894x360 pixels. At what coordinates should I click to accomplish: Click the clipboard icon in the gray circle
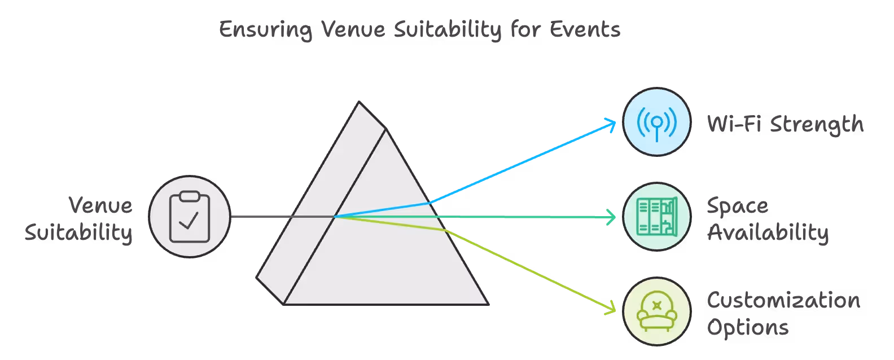(190, 217)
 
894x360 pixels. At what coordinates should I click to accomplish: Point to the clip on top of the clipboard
(190, 196)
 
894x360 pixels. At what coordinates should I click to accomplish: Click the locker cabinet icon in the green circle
(656, 217)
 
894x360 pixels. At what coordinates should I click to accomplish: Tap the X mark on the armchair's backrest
(656, 305)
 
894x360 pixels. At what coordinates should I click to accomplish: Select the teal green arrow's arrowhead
(612, 217)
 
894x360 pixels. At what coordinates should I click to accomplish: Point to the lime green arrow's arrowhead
(612, 309)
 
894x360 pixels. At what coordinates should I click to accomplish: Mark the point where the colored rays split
(335, 216)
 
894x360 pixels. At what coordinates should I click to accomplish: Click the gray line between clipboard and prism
(260, 217)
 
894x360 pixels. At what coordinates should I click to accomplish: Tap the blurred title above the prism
(419, 30)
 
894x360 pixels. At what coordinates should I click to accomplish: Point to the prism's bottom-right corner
(487, 304)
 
